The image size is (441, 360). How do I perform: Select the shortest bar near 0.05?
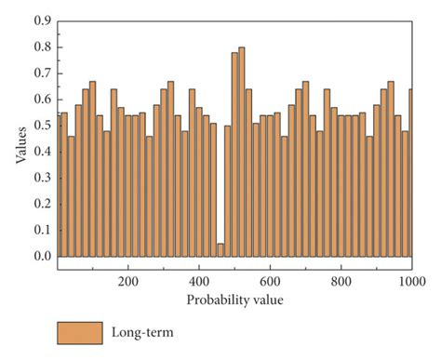(220, 250)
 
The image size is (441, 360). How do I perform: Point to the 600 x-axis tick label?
(270, 279)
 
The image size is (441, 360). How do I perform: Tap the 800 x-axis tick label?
(341, 279)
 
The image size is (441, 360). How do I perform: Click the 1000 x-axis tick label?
(409, 279)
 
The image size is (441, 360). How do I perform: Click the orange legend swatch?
(79, 332)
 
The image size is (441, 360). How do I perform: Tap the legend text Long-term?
(142, 332)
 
